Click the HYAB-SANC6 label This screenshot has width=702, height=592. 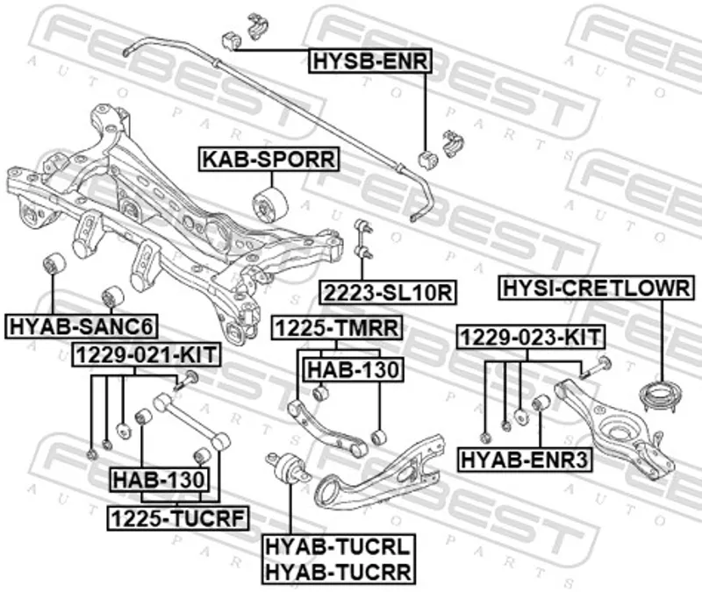click(82, 328)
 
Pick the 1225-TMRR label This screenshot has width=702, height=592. click(337, 328)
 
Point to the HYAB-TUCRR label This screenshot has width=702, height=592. click(337, 572)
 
